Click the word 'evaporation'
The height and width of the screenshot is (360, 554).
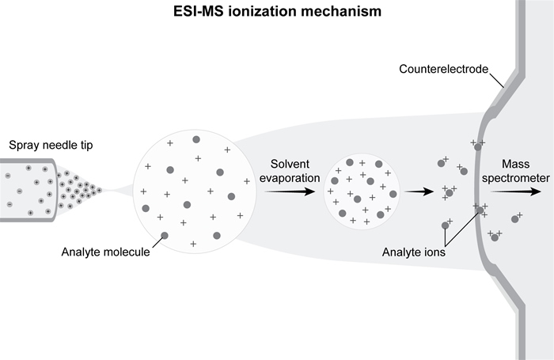tap(292, 177)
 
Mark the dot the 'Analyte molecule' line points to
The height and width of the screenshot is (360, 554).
tap(165, 235)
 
